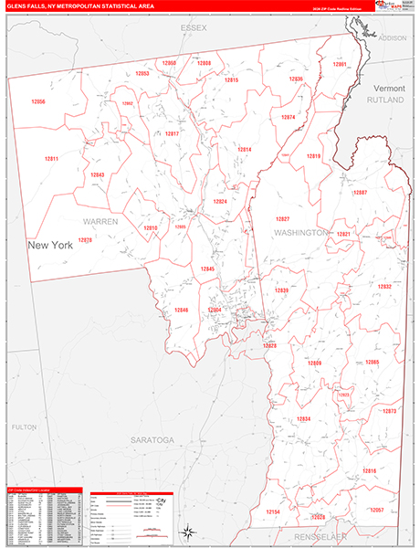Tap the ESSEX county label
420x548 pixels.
194,28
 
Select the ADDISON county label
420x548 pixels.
393,38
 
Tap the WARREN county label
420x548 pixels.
101,222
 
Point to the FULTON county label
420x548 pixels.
24,427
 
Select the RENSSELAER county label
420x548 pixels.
314,531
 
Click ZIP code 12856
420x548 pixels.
37,101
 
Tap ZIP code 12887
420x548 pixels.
360,193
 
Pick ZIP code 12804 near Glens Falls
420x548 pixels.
215,310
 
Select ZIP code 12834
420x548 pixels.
304,418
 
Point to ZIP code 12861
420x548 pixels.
340,64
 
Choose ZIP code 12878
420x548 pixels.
85,239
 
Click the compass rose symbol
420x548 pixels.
187,532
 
